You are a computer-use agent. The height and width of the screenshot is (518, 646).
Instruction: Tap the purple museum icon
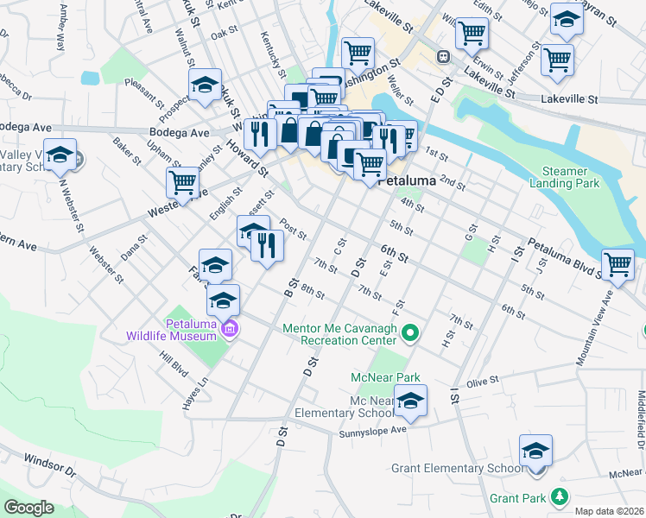pyautogui.click(x=229, y=329)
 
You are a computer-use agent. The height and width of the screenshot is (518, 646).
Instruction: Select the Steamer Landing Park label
pyautogui.click(x=571, y=177)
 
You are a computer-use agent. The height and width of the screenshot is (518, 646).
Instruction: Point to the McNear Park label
pyautogui.click(x=384, y=377)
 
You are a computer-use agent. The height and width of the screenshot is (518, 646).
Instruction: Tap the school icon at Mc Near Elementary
pyautogui.click(x=411, y=400)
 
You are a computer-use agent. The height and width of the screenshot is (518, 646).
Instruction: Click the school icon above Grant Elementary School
pyautogui.click(x=535, y=450)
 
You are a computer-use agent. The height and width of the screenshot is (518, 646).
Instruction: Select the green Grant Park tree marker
pyautogui.click(x=560, y=497)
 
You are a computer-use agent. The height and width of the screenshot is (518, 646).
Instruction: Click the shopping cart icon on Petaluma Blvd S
pyautogui.click(x=617, y=263)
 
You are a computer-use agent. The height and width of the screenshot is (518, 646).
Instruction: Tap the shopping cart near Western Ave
pyautogui.click(x=183, y=182)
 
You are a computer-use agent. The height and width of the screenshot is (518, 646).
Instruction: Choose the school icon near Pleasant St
pyautogui.click(x=206, y=85)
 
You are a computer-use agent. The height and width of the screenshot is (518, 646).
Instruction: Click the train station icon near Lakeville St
pyautogui.click(x=443, y=57)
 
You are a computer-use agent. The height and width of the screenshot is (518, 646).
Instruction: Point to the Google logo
pyautogui.click(x=28, y=507)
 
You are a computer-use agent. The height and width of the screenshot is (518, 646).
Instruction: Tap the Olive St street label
pyautogui.click(x=484, y=380)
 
